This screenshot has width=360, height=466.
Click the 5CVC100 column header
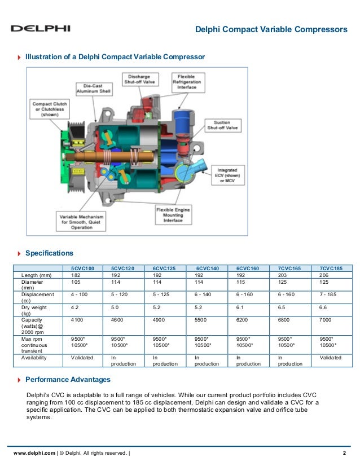83,268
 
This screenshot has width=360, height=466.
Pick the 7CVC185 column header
331,268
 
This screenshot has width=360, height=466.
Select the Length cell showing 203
284,275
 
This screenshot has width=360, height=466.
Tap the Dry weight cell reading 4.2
74,309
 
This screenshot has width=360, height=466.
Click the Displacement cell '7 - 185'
329,294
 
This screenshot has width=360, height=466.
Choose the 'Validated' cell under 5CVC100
82,358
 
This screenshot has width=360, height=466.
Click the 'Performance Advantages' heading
68,380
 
